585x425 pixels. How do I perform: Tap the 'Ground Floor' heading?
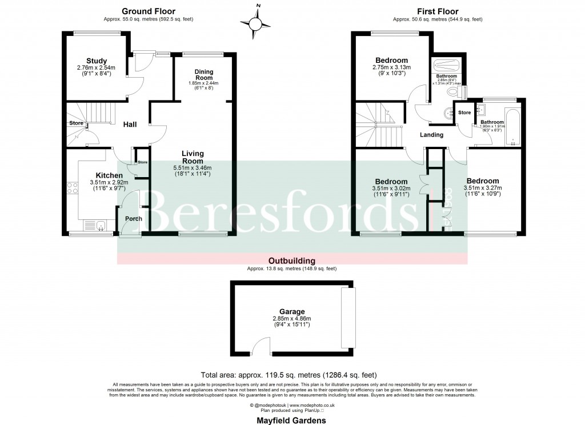point(148,11)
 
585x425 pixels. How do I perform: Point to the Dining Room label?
point(204,74)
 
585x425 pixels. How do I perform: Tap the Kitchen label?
point(109,175)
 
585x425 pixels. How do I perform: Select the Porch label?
point(134,219)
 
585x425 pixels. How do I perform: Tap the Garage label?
point(292,312)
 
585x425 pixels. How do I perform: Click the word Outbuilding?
point(292,260)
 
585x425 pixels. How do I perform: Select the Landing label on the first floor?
point(431,135)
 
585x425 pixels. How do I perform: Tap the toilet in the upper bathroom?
point(455,91)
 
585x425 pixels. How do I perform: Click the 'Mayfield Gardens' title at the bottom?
point(292,420)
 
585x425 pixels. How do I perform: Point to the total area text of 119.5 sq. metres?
point(292,375)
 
